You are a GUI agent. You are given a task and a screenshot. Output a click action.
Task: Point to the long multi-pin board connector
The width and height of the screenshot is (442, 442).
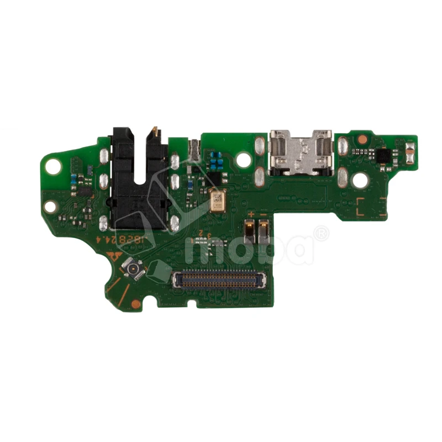[218, 280]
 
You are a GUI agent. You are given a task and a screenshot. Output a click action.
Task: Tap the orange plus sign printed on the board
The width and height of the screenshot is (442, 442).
[251, 213]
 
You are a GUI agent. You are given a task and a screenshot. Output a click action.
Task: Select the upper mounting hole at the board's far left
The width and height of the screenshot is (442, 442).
[53, 165]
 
